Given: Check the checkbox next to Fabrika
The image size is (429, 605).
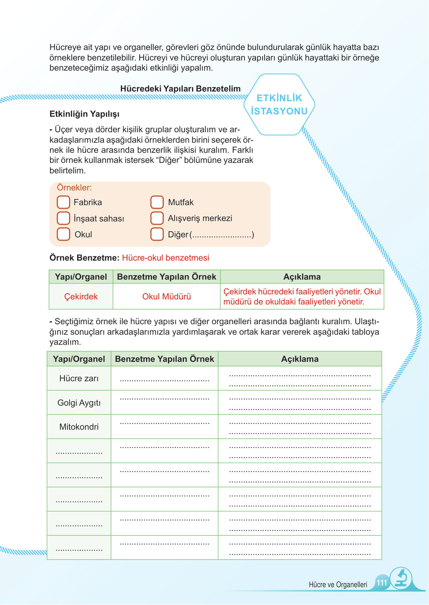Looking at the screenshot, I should click(63, 202).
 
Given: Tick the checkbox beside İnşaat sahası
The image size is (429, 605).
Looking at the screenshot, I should click(63, 218).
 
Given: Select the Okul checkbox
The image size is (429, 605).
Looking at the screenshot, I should click(63, 234).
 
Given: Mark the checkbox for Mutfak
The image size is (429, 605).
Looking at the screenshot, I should click(157, 202).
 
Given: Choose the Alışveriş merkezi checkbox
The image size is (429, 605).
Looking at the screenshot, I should click(157, 218).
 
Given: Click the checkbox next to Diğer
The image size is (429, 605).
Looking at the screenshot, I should click(157, 234).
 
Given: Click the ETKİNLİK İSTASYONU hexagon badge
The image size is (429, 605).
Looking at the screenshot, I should click(279, 105).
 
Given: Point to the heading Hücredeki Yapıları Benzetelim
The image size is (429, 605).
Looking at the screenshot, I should click(180, 89).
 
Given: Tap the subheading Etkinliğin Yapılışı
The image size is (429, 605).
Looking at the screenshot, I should click(85, 114).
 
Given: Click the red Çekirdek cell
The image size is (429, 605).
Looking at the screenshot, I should click(81, 297).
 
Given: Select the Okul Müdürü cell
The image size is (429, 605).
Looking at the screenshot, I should click(167, 297).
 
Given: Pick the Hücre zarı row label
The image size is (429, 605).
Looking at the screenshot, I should click(79, 379).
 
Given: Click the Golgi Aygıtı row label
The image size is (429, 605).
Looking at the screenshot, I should click(79, 403).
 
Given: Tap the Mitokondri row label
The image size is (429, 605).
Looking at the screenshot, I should click(79, 427).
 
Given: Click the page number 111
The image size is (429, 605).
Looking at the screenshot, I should click(382, 583).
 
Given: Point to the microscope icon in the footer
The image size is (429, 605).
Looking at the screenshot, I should click(401, 579).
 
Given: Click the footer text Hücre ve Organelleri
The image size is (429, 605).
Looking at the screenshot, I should click(338, 585).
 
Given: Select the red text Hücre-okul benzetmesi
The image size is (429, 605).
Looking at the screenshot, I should click(166, 258).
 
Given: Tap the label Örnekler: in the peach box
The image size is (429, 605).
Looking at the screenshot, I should click(74, 188).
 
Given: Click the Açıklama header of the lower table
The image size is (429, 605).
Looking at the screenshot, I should click(300, 359).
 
